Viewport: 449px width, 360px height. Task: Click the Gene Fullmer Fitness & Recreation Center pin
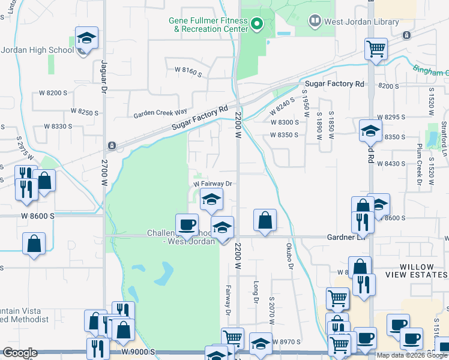[x=257, y=24]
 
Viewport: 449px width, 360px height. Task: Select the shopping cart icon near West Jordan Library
[x=376, y=49]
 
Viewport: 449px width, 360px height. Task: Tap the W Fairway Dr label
[x=212, y=184]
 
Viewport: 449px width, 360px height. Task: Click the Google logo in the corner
[x=19, y=353]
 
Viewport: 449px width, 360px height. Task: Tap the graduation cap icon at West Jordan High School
[x=86, y=38]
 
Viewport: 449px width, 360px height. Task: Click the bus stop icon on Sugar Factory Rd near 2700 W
[x=111, y=146]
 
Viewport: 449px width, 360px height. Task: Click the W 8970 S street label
[x=288, y=341]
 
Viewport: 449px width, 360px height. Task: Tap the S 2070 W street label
[x=271, y=310]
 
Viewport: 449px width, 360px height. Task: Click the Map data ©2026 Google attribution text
[x=412, y=355]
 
